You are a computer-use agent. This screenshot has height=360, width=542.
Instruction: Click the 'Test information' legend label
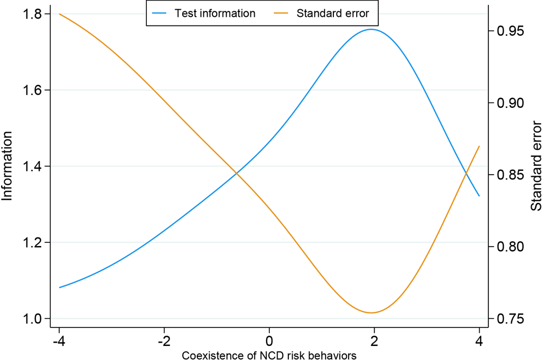coord(215,14)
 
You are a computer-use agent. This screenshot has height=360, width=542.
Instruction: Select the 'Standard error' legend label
coord(333,14)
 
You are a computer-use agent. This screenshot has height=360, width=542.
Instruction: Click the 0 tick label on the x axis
coord(269,343)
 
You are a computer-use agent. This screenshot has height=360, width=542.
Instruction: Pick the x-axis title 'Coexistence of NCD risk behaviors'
coord(269,355)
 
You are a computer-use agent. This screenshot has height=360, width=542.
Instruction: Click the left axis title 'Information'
coord(8,166)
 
